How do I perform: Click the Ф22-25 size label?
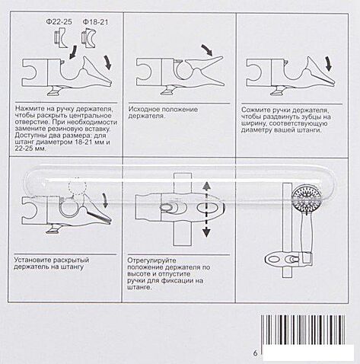point(59,22)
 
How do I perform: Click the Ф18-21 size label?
point(95,22)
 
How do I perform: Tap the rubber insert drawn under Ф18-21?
point(89,39)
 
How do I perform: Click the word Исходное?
point(144,110)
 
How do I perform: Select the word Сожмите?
point(256,110)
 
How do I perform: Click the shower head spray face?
point(305,195)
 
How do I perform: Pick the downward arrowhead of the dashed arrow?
point(207,232)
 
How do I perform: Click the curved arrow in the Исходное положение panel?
point(207,49)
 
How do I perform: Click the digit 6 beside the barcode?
point(255,353)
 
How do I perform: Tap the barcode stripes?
point(303,330)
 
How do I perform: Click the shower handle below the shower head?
point(306,230)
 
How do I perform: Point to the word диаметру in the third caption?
point(255,130)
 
